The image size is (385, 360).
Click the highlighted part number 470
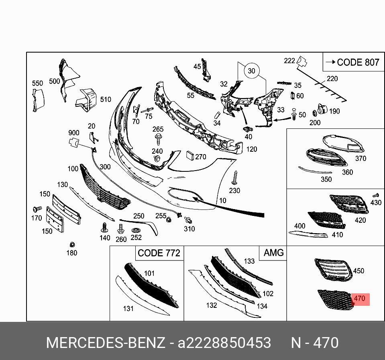pos(359,299)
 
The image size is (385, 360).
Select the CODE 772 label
pos(159,253)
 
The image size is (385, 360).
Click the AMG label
pos(273,253)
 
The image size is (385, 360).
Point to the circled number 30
pos(251,71)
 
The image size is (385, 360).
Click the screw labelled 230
pos(235,177)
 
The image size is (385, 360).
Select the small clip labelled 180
pos(72,244)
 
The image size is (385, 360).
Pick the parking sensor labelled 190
pos(322,110)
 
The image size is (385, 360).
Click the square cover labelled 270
pos(189,156)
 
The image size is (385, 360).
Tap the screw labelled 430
pos(376,195)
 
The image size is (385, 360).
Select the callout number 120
pos(251,149)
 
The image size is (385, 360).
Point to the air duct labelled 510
pos(86,99)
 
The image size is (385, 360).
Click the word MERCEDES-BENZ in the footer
pos(106,343)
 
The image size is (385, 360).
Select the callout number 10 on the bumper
pos(222,200)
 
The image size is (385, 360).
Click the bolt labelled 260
pos(120,230)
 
